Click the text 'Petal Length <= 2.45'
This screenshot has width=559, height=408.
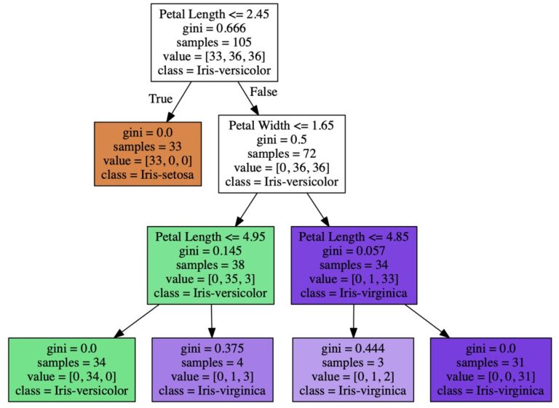pyautogui.click(x=214, y=15)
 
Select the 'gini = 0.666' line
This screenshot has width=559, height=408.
pyautogui.click(x=214, y=28)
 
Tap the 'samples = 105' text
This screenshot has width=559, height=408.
pyautogui.click(x=214, y=42)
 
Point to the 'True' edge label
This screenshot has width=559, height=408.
pyautogui.click(x=160, y=99)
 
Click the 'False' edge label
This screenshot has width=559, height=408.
pyautogui.click(x=263, y=92)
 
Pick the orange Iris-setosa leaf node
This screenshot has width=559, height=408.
pyautogui.click(x=148, y=154)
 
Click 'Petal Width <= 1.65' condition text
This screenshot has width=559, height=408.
pyautogui.click(x=281, y=125)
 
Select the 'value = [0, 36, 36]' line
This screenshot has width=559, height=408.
pyautogui.click(x=281, y=167)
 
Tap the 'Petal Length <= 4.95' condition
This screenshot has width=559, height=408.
pyautogui.click(x=210, y=236)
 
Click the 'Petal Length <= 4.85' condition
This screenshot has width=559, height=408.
pyautogui.click(x=354, y=236)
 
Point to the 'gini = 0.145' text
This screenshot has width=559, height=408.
pyautogui.click(x=210, y=251)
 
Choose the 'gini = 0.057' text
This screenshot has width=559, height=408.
pyautogui.click(x=354, y=251)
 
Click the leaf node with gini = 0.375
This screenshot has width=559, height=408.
pyautogui.click(x=213, y=369)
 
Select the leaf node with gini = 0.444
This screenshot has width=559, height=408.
pyautogui.click(x=353, y=369)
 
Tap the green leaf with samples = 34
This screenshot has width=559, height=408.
pyautogui.click(x=71, y=369)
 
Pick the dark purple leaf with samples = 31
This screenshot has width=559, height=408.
pyautogui.click(x=491, y=369)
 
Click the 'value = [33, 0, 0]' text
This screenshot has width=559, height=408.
pyautogui.click(x=148, y=161)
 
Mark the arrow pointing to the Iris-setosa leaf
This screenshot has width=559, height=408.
pyautogui.click(x=178, y=102)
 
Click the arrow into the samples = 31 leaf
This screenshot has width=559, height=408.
pyautogui.click(x=427, y=321)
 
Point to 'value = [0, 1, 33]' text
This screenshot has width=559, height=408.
pyautogui.click(x=354, y=279)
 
